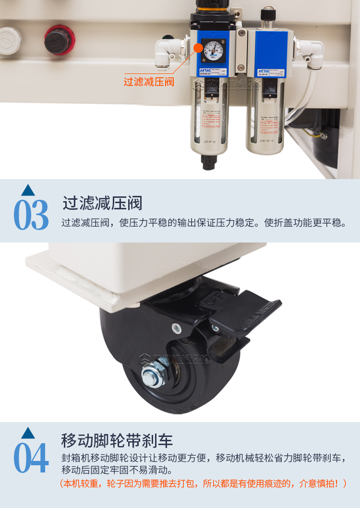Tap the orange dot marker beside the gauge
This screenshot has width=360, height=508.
[198, 48]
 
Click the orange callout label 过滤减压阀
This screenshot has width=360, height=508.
[149, 82]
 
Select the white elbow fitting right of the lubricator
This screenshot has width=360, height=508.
[310, 49]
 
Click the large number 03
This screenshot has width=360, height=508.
[31, 214]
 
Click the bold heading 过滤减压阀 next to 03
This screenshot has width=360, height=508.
[102, 203]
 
